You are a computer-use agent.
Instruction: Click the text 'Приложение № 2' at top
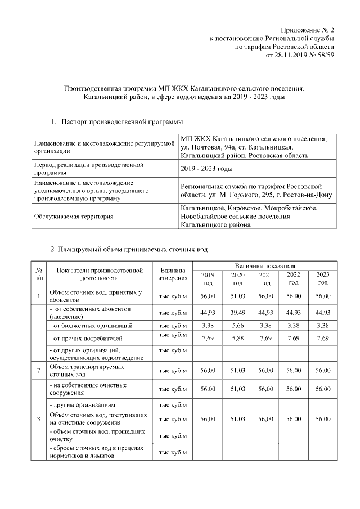click(x=308, y=30)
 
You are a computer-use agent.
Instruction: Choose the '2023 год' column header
click(x=322, y=278)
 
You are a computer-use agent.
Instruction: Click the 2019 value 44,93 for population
click(x=208, y=313)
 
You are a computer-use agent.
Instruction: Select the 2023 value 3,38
click(x=322, y=325)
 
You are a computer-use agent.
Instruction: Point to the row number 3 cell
click(x=38, y=419)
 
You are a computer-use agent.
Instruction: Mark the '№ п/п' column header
click(x=38, y=274)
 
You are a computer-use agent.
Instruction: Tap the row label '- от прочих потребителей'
click(x=85, y=339)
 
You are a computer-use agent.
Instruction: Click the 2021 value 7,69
click(x=265, y=339)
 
